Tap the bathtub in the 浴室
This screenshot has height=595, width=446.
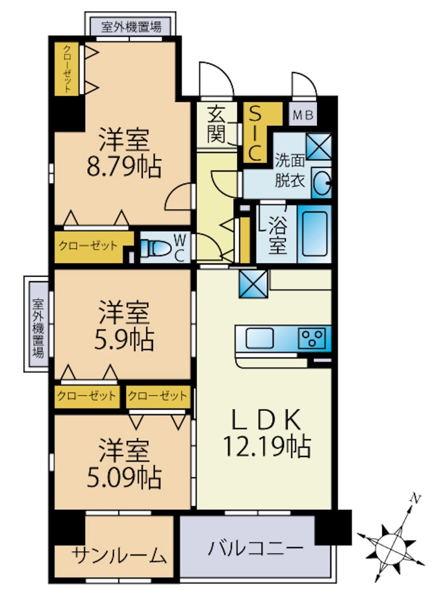pos(314,233)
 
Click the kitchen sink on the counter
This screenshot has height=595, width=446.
pos(259,338)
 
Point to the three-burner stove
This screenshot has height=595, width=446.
pos(312,338)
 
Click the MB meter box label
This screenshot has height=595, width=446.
pos(303,116)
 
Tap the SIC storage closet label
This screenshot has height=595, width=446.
pos(255,133)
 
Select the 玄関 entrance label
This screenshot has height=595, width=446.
pos(217,125)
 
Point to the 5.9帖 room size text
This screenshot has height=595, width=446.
pos(124,340)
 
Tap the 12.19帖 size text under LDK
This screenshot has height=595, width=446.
pos(267,447)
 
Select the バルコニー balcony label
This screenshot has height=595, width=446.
pos(256,549)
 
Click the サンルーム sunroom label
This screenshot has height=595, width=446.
pos(119,554)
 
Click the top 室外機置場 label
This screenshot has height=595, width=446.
pos(131,27)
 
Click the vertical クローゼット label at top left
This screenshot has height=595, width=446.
pos(67,69)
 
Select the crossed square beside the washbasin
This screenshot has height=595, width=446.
pos(319,147)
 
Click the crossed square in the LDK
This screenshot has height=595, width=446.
pos(253,284)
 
